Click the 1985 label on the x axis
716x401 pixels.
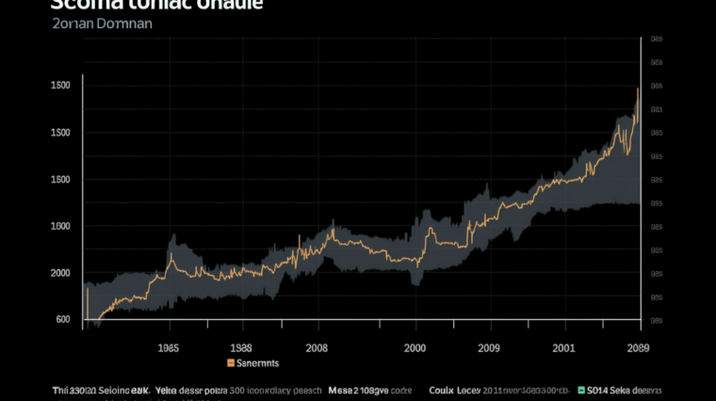coord(169,346)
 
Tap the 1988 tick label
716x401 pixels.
coord(240,346)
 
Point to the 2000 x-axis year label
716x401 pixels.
coord(415,346)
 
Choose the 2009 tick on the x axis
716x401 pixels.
coord(487,346)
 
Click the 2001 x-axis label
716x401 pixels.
coord(564,346)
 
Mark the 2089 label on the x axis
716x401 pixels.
coord(638,346)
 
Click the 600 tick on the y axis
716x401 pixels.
coord(63,319)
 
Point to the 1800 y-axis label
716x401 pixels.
coord(60,226)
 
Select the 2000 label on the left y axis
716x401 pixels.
coord(60,273)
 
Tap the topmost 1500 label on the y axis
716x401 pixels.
coord(60,86)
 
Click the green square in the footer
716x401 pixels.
coord(581,390)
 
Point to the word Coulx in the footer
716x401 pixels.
coord(442,390)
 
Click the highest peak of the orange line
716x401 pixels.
coord(638,88)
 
